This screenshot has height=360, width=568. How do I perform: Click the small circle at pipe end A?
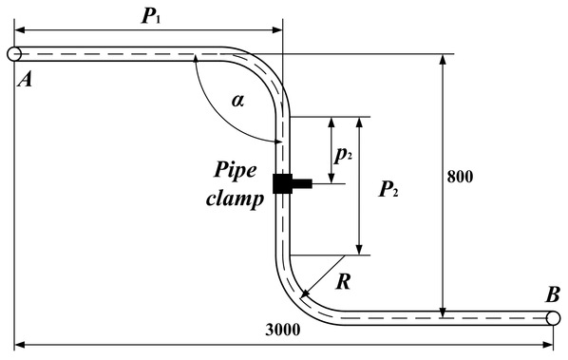[14, 54]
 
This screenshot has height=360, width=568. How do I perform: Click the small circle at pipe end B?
[553, 318]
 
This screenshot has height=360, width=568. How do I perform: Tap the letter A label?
[25, 79]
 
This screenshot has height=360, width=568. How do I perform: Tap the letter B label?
[553, 294]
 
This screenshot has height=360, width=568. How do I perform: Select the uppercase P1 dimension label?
[151, 16]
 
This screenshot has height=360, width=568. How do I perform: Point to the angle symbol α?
[238, 101]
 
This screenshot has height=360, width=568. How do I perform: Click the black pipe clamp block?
[292, 183]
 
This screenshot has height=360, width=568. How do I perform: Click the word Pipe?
[236, 171]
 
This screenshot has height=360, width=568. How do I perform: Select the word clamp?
[235, 199]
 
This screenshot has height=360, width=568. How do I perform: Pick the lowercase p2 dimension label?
[343, 156]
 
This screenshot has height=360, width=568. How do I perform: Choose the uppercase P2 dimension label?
[388, 189]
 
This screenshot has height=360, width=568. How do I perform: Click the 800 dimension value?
[460, 177]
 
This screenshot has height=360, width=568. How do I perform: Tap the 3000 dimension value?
[283, 330]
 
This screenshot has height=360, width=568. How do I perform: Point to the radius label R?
[344, 282]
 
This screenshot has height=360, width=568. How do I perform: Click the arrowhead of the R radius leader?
[305, 294]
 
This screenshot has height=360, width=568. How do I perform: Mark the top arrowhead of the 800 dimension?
[443, 60]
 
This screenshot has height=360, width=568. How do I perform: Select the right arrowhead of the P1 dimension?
[276, 30]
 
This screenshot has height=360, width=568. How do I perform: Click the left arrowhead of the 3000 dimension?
[20, 345]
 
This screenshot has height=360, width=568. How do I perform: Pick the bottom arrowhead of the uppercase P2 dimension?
[359, 250]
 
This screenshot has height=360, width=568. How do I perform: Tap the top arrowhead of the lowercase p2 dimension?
[331, 122]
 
